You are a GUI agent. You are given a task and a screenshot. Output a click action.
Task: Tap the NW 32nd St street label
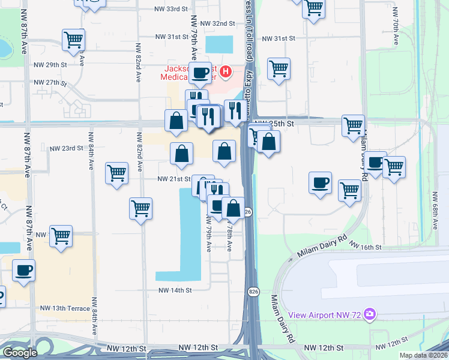click(x=217, y=23)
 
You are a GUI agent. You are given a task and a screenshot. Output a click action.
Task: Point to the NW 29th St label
click(x=49, y=65)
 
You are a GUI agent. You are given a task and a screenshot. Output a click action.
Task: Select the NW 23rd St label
click(x=65, y=148)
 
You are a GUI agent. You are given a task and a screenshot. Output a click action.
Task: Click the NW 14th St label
click(x=175, y=290)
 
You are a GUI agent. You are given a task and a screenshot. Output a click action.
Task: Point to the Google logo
click(x=20, y=353)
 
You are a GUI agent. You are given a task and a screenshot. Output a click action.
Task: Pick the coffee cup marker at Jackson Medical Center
click(x=201, y=72)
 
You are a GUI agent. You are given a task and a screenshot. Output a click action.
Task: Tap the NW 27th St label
click(x=49, y=83)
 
